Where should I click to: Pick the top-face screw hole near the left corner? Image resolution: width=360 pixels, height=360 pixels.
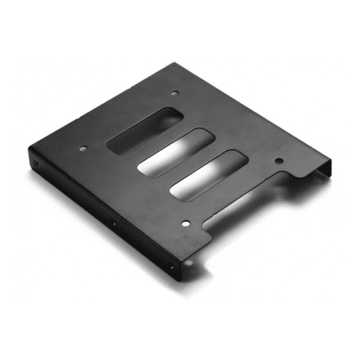click(x=85, y=151)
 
